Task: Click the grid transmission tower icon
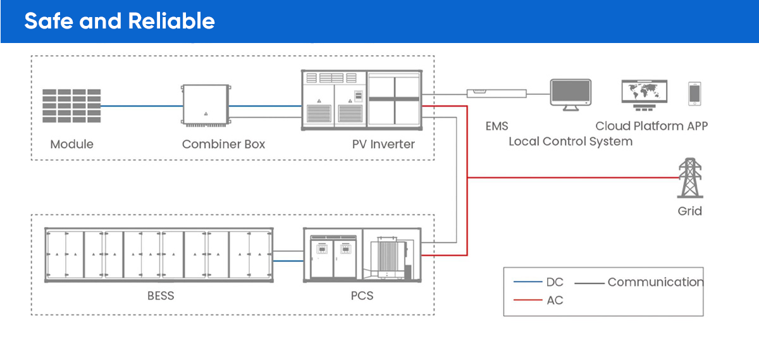[x=689, y=178]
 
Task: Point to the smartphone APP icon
[x=694, y=94]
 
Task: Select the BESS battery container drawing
[x=159, y=254]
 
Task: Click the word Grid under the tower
[x=689, y=211]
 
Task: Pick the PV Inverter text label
[x=383, y=144]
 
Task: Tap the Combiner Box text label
[x=223, y=144]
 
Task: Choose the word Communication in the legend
[x=655, y=282]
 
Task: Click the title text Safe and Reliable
[x=120, y=21]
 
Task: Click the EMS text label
[x=497, y=126]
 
